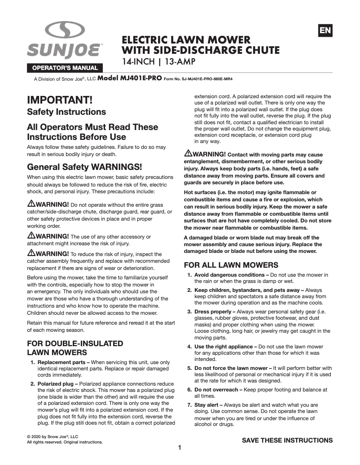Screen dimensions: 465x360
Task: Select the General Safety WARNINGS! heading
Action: pos(84,167)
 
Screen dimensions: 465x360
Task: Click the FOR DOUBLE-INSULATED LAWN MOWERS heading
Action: pos(75,348)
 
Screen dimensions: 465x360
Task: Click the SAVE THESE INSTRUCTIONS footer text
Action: pos(287,440)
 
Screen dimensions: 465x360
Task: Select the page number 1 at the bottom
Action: pos(180,448)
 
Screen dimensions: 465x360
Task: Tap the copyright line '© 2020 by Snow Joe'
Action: pos(53,436)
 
